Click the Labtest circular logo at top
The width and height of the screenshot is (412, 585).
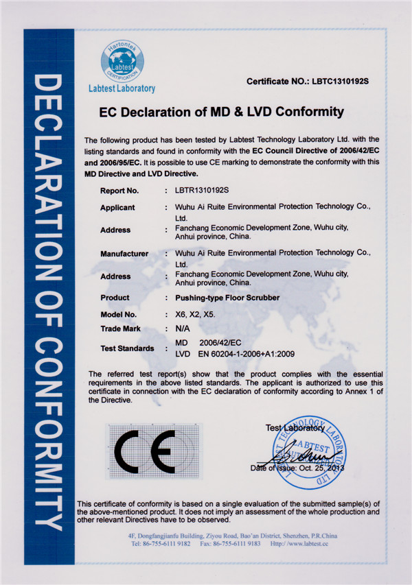tap(122, 60)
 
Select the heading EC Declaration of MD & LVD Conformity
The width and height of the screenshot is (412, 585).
tap(221, 112)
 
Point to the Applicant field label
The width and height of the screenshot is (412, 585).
tap(117, 207)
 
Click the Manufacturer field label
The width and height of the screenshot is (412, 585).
tap(124, 254)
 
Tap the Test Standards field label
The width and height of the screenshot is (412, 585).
tap(127, 348)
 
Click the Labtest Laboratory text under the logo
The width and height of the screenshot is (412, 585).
tap(122, 88)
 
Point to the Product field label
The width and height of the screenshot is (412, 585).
tap(115, 298)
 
